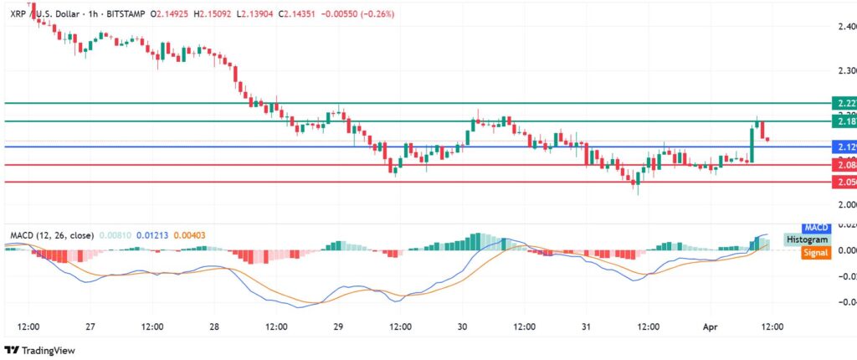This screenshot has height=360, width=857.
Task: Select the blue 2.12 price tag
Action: [843, 147]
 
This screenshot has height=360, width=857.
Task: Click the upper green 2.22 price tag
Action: [843, 103]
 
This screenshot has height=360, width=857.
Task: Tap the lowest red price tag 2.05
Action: [843, 182]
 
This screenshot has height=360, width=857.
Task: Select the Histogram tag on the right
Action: [807, 239]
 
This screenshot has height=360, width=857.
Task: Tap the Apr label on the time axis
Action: [707, 327]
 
